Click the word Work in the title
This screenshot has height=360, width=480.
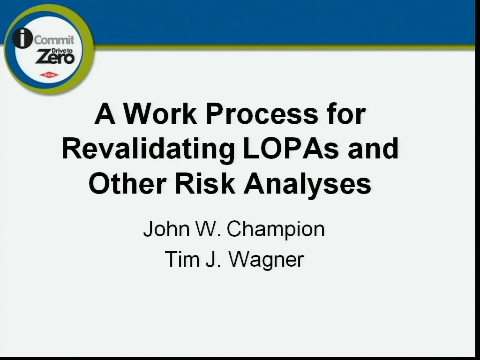click(160, 114)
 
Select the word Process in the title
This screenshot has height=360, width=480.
click(262, 114)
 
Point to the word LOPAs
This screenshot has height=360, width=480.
click(291, 149)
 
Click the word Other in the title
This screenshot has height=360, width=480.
click(127, 183)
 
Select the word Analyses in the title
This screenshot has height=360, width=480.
click(307, 184)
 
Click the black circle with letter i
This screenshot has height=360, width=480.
click(22, 38)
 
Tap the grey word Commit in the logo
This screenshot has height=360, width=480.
click(54, 40)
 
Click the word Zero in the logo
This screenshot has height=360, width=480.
click(55, 57)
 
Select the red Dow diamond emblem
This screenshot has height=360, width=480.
click(49, 75)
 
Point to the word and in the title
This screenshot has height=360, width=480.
click(373, 149)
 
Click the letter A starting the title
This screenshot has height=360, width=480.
click(105, 114)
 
